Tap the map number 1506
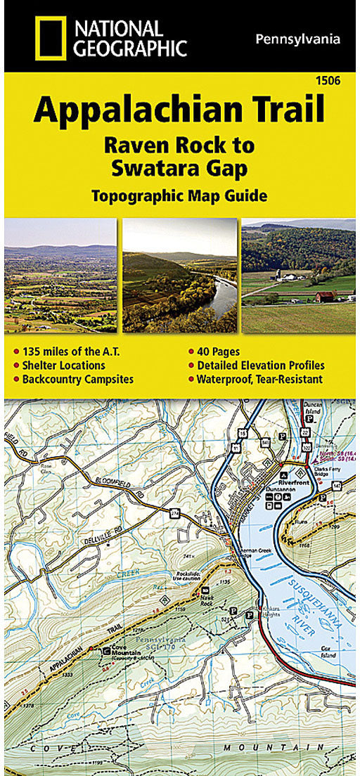click(328, 82)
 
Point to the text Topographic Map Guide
click(179, 195)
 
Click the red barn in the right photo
click(326, 296)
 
